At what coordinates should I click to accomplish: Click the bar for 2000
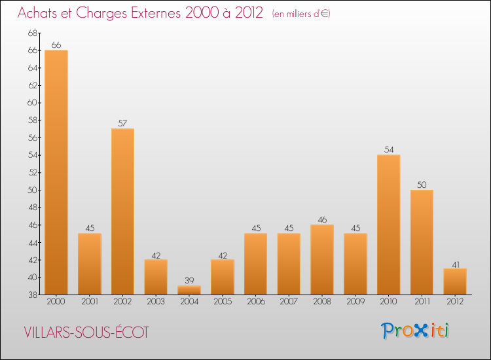coord(56,172)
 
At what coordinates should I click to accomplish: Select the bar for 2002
coord(122,211)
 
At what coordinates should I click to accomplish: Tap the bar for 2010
coord(388,225)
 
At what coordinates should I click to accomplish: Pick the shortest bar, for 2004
coord(189,290)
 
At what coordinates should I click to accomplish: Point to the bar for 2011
coord(422,242)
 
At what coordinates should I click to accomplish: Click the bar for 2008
coord(322,260)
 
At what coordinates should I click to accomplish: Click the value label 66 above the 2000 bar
coord(56,45)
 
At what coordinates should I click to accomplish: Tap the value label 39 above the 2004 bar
coord(189,281)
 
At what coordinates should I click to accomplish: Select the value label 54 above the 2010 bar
coord(388,150)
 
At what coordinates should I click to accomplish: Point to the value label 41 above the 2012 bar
coord(455,264)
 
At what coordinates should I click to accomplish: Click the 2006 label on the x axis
coord(255,302)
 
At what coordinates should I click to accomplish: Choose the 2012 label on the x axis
coord(455,302)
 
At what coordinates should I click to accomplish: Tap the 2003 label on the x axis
coord(156,302)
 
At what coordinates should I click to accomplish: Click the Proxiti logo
coord(416,331)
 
